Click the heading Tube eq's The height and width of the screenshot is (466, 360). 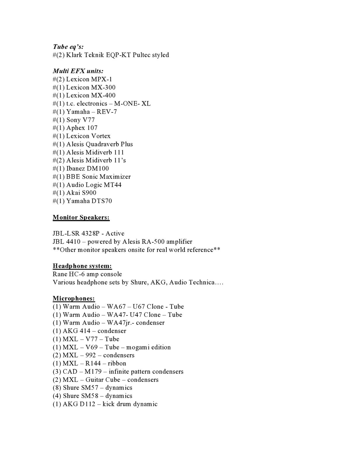tap(68, 47)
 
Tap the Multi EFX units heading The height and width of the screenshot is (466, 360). tap(78, 71)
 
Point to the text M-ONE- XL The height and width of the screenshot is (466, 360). tap(132, 104)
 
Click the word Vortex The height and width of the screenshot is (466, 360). tap(101, 136)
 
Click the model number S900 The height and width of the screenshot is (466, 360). tap(89, 193)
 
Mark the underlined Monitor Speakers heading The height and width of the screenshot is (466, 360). tap(81, 217)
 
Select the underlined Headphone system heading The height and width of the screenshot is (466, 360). tap(82, 266)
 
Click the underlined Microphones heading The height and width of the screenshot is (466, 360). tap(74, 298)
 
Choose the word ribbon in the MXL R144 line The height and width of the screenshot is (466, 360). tap(117, 363)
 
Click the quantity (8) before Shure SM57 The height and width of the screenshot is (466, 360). tap(57, 388)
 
